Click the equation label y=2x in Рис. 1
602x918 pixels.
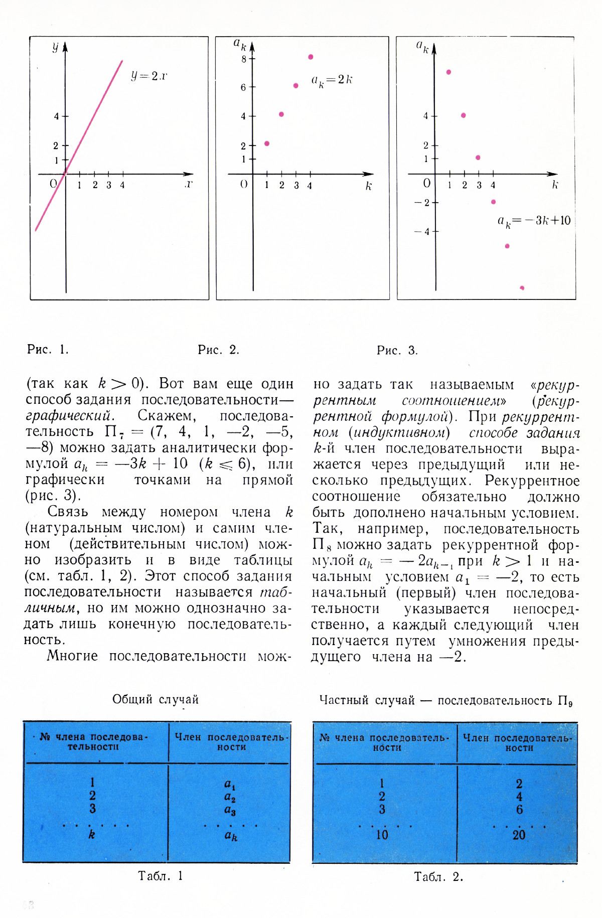pyautogui.click(x=149, y=76)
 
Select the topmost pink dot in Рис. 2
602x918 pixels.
pyautogui.click(x=311, y=57)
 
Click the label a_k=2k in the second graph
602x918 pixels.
pyautogui.click(x=332, y=80)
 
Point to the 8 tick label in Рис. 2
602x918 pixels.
pyautogui.click(x=244, y=59)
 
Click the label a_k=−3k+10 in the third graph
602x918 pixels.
pyautogui.click(x=534, y=221)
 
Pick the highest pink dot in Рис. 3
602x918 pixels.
pyautogui.click(x=448, y=72)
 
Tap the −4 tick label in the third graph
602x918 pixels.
pyautogui.click(x=422, y=232)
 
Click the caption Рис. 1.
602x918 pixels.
pyautogui.click(x=48, y=350)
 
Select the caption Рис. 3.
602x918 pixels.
pyautogui.click(x=397, y=350)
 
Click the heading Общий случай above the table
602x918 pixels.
pyautogui.click(x=156, y=699)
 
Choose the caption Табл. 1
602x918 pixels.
pyautogui.click(x=161, y=876)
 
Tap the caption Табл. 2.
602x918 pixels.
pyautogui.click(x=438, y=877)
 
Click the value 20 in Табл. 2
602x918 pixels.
pyautogui.click(x=519, y=835)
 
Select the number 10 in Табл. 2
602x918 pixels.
pyautogui.click(x=382, y=835)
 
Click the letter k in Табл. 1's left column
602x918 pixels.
pyautogui.click(x=92, y=834)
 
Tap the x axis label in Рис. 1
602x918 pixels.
pyautogui.click(x=189, y=185)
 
